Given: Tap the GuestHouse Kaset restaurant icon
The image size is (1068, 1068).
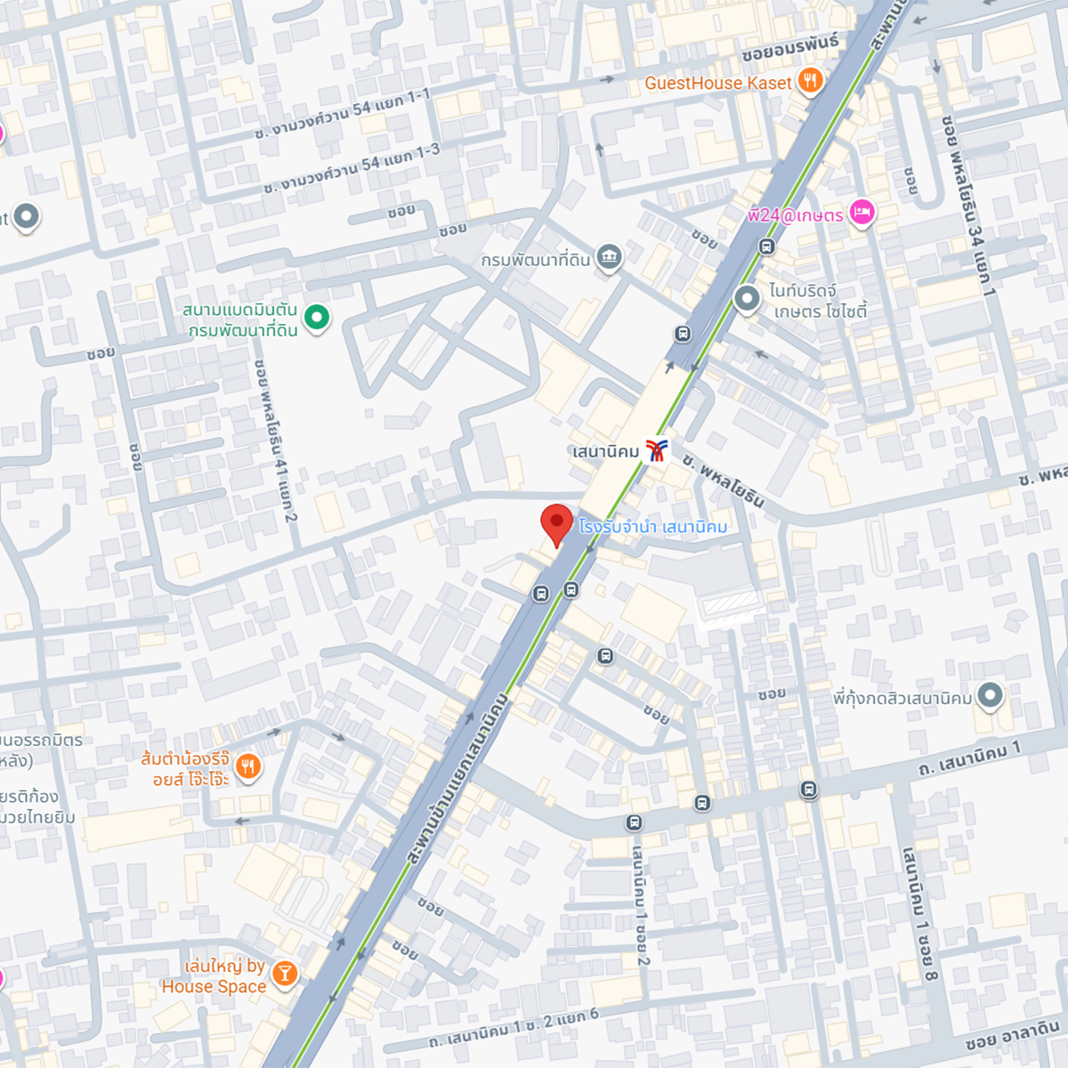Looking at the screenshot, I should click(809, 81).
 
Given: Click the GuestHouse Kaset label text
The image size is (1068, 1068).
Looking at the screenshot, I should click(717, 83).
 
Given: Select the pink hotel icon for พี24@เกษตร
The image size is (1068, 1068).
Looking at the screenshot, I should click(862, 213).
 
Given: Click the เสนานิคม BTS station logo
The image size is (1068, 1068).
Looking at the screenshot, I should click(656, 450).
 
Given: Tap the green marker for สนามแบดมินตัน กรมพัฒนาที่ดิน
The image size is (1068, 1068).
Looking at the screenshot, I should click(316, 316).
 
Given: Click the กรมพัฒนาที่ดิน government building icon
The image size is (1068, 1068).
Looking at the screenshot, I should click(610, 258).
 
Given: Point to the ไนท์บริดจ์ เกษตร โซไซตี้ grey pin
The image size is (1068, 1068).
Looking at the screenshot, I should click(747, 299).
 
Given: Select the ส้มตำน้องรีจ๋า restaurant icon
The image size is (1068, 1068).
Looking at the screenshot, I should click(248, 766).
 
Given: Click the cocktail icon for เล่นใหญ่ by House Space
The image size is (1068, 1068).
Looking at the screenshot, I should click(284, 973).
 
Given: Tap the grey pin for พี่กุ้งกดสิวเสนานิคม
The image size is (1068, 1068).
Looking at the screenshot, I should click(990, 695).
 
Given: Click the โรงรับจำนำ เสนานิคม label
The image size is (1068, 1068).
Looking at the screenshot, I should click(652, 527).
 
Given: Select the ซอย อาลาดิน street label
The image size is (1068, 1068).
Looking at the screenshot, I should click(1012, 1036).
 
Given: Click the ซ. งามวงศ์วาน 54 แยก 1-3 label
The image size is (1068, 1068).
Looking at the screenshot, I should click(352, 168).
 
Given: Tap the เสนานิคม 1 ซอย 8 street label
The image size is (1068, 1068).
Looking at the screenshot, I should click(919, 913).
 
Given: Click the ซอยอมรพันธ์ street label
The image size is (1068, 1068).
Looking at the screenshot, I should click(789, 49).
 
